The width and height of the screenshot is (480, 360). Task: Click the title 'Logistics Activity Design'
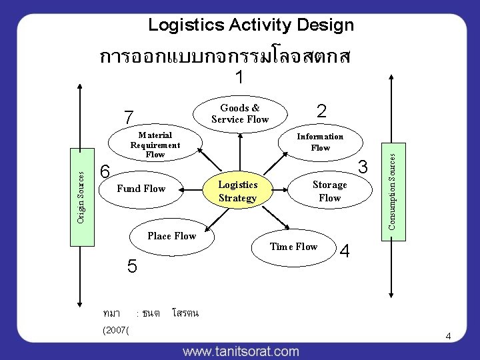[x=251, y=25]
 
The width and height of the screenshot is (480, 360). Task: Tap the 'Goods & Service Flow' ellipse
[x=240, y=114]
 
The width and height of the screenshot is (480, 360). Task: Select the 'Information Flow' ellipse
[x=320, y=142]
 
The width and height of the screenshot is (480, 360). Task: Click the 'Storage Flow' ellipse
[x=329, y=191]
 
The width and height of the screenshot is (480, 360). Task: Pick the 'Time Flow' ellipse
[x=294, y=247]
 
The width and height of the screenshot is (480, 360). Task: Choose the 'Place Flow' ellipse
[x=172, y=236]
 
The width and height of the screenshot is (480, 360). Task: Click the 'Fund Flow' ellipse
[x=141, y=189]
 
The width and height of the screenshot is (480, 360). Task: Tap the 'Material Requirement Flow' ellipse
[x=155, y=145]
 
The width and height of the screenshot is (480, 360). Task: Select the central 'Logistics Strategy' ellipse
[x=238, y=191]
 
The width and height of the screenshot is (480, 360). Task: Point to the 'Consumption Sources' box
[x=393, y=190]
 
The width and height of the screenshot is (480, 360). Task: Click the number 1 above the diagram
[x=239, y=78]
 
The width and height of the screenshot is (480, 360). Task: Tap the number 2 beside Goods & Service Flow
[x=321, y=111]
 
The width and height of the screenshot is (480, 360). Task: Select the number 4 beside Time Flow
[x=345, y=251]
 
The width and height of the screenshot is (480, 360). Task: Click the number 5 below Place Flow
[x=132, y=267]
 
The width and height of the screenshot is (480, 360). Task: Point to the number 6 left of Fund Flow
[x=105, y=171]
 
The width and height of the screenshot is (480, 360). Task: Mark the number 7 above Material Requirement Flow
[x=129, y=117]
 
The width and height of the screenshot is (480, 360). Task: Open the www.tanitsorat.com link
[x=241, y=351]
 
